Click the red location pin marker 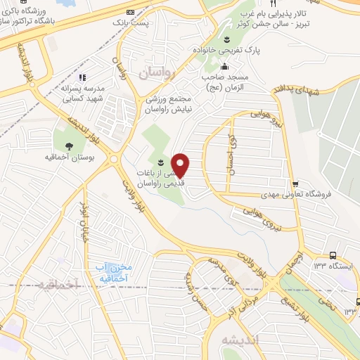click(181, 166)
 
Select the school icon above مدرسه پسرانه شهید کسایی click(82, 77)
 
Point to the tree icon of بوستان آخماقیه click(69, 146)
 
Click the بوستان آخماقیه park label click(69, 157)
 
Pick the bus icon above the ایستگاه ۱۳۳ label click(331, 256)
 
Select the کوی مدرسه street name click(218, 271)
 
